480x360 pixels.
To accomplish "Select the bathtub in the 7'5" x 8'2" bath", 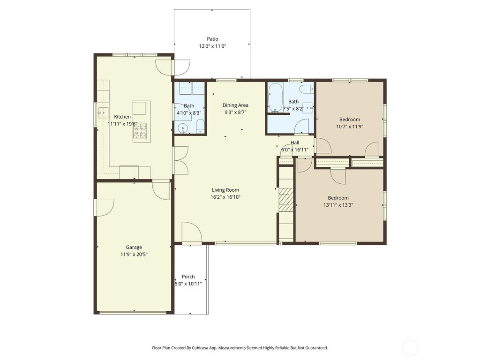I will [x=275, y=97].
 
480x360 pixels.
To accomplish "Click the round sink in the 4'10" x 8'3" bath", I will [x=182, y=128].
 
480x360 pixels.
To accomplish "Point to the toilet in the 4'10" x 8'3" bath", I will [x=200, y=125].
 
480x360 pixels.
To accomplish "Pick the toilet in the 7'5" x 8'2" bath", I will [x=306, y=89].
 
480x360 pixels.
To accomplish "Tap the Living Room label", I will [x=225, y=190].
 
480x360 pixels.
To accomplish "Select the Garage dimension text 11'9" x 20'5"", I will [x=134, y=255].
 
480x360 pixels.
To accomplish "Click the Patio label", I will [x=212, y=39].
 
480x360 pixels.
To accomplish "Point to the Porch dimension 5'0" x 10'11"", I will [x=188, y=284].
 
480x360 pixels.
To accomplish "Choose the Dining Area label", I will [x=235, y=105].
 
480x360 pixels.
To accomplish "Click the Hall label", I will [x=294, y=142].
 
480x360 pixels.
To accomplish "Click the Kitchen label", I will [x=122, y=117].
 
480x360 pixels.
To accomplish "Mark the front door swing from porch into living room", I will [x=191, y=233].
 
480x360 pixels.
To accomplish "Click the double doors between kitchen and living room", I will [x=180, y=160].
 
